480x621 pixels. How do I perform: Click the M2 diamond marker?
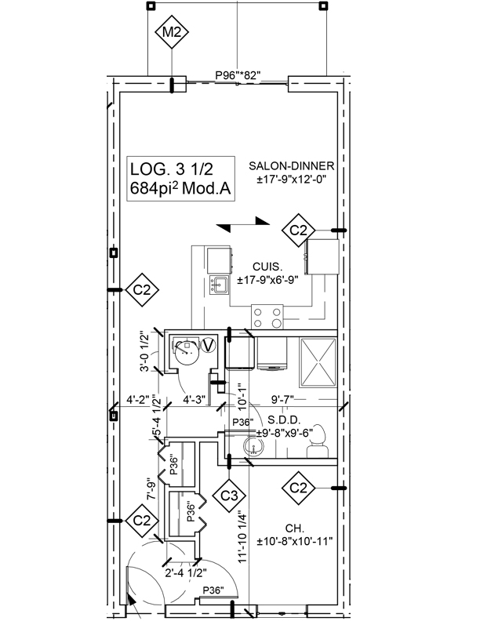pos(172,33)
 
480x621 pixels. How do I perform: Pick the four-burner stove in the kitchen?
pos(267,316)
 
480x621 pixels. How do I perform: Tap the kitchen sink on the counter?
pos(219,284)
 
